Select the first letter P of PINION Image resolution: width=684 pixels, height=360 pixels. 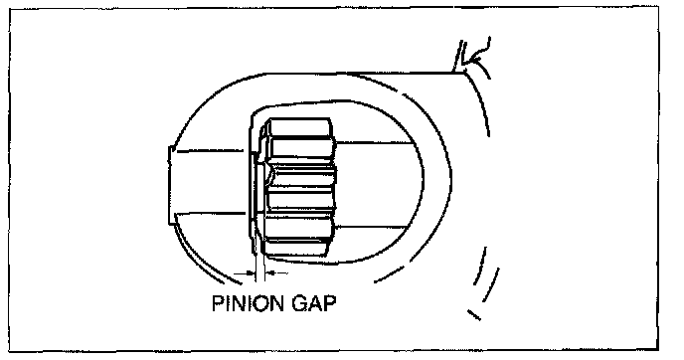coord(217,303)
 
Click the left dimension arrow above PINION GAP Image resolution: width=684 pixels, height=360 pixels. coord(244,273)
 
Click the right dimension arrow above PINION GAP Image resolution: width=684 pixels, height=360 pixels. coord(276,273)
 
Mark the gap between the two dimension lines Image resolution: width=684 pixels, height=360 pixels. coord(260,273)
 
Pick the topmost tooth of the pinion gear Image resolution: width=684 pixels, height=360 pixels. coord(299,127)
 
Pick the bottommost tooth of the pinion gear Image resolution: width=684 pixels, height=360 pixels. coord(296,247)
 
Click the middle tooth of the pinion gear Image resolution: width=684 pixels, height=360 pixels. coord(301,176)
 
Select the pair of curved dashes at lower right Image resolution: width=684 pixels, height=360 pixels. coord(486,274)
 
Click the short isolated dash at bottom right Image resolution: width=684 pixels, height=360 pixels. coord(474,314)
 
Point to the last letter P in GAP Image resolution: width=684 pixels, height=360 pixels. coord(331,303)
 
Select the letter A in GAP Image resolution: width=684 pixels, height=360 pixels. coord(316,303)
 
